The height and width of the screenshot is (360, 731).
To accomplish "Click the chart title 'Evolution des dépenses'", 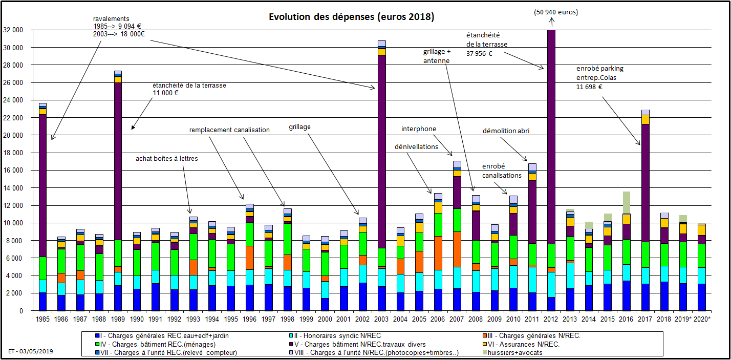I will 351,17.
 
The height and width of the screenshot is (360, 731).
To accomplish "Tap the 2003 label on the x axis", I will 381,319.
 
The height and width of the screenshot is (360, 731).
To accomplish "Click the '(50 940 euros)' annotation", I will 551,11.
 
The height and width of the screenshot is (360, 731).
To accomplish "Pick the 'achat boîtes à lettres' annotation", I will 166,159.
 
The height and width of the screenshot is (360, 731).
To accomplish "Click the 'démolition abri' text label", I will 506,131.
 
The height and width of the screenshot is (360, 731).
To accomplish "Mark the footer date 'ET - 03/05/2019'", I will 31,352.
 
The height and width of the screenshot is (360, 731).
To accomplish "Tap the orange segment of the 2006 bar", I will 438,253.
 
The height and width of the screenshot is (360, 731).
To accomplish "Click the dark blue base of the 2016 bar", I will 626,295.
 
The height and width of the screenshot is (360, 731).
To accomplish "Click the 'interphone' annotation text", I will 418,129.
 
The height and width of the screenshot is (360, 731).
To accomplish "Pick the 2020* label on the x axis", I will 702,319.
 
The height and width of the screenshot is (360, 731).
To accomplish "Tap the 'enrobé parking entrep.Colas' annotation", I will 600,77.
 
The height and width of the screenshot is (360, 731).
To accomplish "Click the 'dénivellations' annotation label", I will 416,146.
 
